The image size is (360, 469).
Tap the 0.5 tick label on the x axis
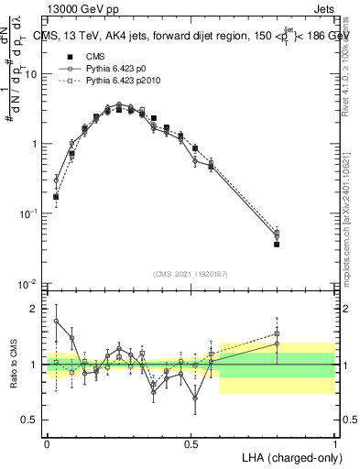[x=191, y=442]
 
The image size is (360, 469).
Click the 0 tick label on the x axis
[x=47, y=442]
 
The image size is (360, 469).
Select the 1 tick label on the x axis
[x=335, y=442]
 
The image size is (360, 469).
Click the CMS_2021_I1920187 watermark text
[x=191, y=275]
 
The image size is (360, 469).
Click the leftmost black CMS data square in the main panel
[x=56, y=197]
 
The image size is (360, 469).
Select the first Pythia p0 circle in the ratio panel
[x=56, y=321]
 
